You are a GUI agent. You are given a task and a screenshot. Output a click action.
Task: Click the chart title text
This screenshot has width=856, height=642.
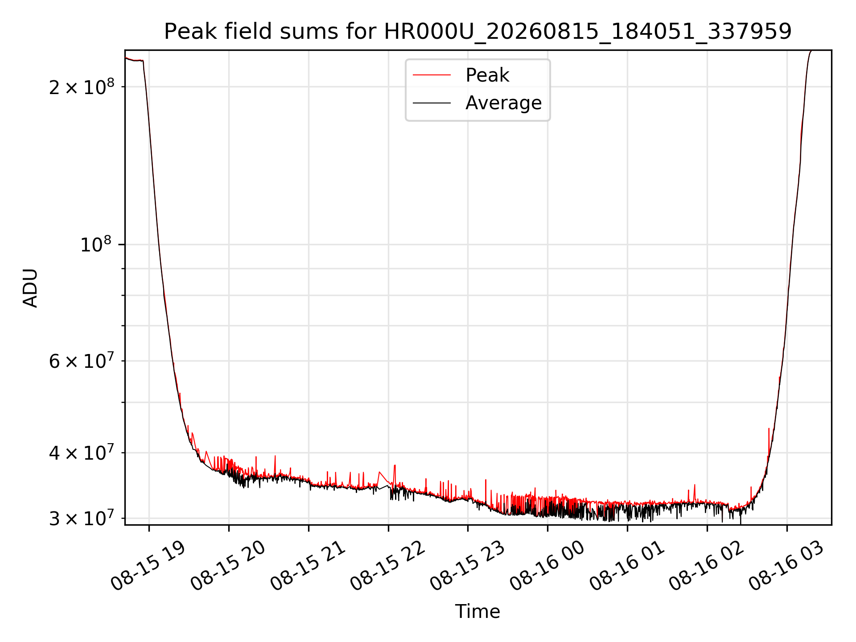(477, 32)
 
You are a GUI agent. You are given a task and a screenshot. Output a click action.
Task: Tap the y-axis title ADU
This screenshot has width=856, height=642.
(30, 288)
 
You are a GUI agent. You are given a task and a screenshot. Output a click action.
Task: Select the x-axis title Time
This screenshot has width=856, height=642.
(477, 611)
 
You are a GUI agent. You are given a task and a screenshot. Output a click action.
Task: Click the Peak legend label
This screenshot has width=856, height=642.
(487, 75)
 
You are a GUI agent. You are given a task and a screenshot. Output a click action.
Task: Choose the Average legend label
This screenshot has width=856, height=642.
(503, 103)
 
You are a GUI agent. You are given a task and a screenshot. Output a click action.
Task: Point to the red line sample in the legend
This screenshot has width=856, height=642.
(432, 75)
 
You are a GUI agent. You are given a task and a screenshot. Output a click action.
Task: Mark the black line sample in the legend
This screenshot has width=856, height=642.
(432, 103)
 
